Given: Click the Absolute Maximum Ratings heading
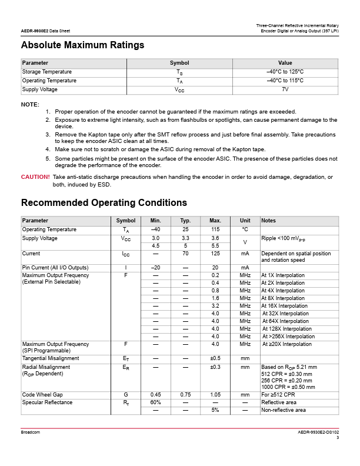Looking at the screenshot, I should [x=82, y=45].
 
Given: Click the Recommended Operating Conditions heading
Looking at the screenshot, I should [x=104, y=202].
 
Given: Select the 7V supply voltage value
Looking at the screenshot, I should [x=285, y=89].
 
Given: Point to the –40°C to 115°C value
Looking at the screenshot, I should [x=285, y=81].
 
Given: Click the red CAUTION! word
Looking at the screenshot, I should [x=35, y=177].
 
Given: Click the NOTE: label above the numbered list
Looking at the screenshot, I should [x=30, y=104].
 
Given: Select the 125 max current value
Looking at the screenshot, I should [x=215, y=254].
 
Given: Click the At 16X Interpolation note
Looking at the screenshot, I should [x=285, y=306].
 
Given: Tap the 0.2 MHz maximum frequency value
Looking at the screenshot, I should [x=215, y=275].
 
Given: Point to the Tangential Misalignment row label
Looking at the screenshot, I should [x=51, y=358].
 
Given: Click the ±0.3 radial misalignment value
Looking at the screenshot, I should [x=215, y=367].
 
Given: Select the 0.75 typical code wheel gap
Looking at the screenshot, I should [x=185, y=394].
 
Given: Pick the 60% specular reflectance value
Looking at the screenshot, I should [x=156, y=402].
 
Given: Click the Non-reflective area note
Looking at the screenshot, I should [x=284, y=410].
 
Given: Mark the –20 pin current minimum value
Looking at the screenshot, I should [x=156, y=268].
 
